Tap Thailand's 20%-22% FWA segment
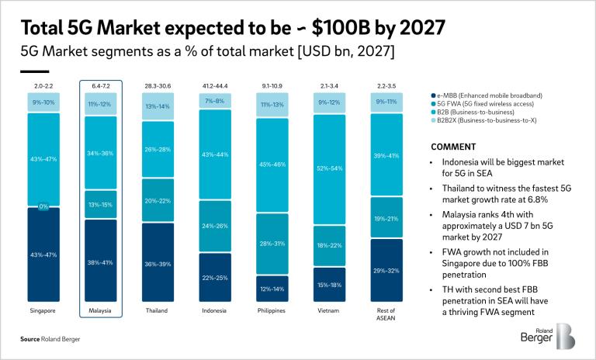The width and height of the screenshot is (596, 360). click(x=158, y=199)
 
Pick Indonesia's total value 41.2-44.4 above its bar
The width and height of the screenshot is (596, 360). click(x=216, y=84)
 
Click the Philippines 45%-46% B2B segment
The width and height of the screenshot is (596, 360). click(x=273, y=164)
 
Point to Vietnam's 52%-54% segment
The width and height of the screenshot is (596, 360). click(x=330, y=168)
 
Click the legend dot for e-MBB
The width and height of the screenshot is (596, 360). click(x=431, y=95)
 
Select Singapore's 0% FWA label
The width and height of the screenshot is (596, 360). click(x=43, y=207)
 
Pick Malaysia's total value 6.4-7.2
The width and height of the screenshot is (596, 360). click(x=101, y=84)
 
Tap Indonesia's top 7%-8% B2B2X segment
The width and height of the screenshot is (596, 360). click(x=216, y=101)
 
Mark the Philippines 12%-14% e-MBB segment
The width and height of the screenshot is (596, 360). click(x=273, y=289)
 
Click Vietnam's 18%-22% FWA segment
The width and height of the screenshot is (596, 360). click(x=330, y=246)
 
